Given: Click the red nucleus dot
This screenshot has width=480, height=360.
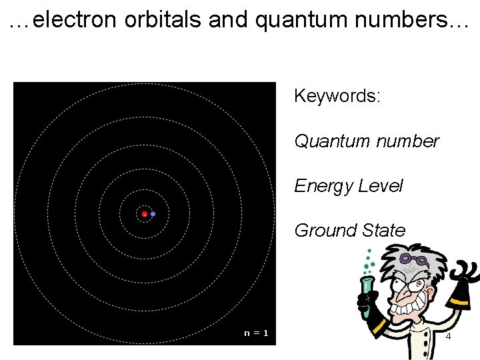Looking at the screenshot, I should click(x=144, y=214).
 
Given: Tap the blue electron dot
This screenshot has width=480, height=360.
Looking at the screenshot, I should click(x=153, y=214).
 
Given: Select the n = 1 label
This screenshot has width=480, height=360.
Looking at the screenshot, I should click(x=256, y=333).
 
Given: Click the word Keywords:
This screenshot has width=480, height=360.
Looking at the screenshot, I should click(x=337, y=96).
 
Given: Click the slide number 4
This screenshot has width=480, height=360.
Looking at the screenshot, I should click(x=448, y=337).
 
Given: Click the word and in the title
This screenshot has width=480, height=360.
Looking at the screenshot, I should click(x=228, y=20).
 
